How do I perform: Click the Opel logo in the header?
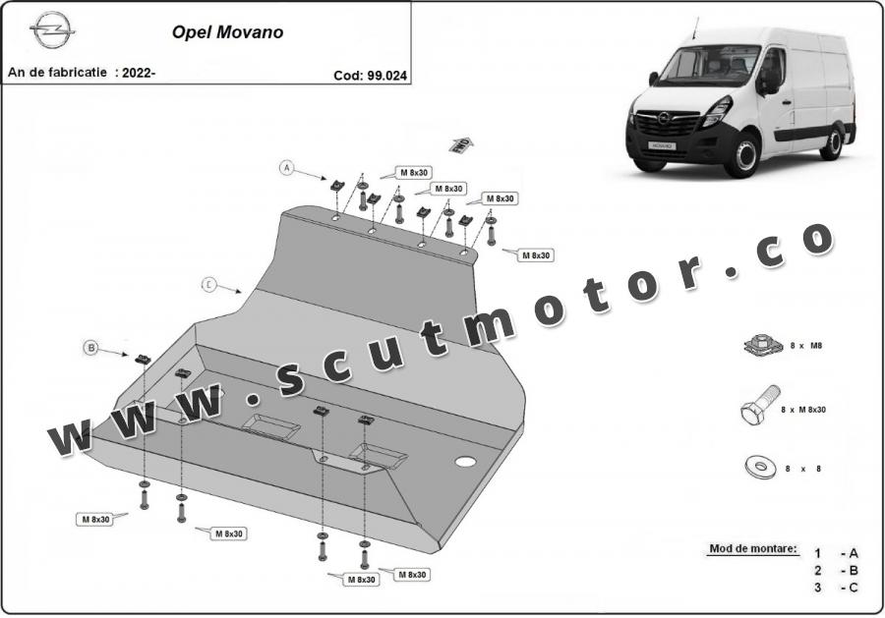tap(52, 29)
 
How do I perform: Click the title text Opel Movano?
tap(227, 32)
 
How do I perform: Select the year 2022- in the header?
tap(139, 73)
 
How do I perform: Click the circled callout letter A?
tap(287, 167)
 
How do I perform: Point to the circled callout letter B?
tap(91, 348)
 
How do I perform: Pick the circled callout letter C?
tap(208, 285)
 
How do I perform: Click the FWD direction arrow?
tap(460, 144)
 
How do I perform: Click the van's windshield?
tap(707, 65)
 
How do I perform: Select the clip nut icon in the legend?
tap(763, 345)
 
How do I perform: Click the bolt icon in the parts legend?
tap(760, 406)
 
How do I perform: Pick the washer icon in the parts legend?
tap(761, 467)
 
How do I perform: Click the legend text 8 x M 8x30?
tap(802, 410)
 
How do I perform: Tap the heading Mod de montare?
tap(753, 548)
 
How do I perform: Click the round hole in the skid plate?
tap(465, 461)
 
